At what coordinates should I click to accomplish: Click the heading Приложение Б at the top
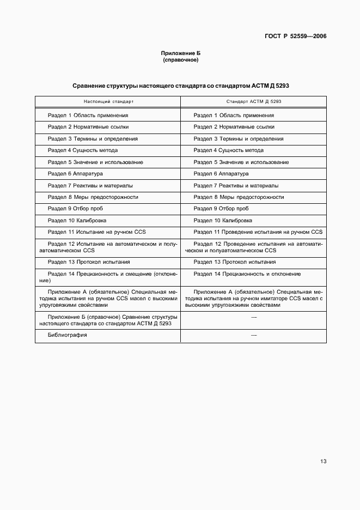[x=181, y=53]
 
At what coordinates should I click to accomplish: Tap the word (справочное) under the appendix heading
[x=181, y=60]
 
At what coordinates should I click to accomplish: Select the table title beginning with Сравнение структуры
[x=181, y=86]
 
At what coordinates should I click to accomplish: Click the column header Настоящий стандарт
[x=108, y=102]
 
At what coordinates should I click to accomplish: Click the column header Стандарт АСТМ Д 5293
[x=254, y=102]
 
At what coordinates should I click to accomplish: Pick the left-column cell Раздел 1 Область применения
[x=88, y=116]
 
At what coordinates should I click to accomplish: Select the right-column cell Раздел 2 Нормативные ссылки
[x=234, y=127]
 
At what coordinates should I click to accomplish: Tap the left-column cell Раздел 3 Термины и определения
[x=93, y=139]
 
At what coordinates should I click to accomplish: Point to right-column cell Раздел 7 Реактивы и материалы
[x=236, y=185]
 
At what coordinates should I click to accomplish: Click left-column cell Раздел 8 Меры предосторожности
[x=93, y=197]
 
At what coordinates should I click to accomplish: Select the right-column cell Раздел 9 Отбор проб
[x=221, y=209]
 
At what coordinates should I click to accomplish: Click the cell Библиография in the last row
[x=68, y=335]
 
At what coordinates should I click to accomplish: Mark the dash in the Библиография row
[x=254, y=335]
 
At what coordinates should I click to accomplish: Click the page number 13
[x=323, y=462]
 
